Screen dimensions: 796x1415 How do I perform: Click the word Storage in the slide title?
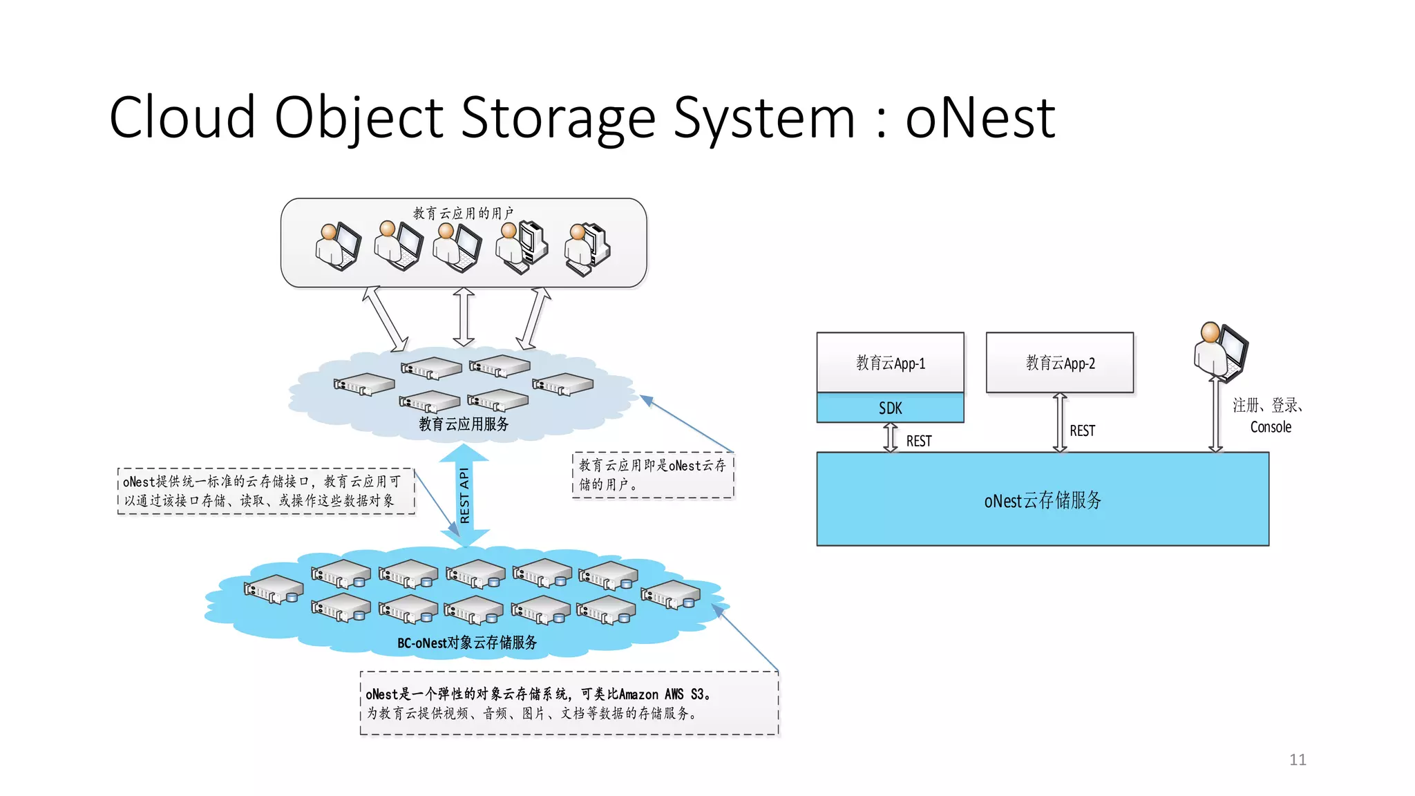point(558,118)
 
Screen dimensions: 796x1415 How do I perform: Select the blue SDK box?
point(890,408)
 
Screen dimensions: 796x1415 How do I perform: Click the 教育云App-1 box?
point(890,363)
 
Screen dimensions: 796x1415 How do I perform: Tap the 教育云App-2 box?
point(1060,363)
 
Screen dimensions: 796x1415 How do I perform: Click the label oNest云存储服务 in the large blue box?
point(1043,500)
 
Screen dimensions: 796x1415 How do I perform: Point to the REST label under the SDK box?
point(919,441)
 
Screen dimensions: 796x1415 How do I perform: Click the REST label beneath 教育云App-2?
point(1082,430)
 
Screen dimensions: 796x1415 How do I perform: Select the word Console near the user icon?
point(1270,427)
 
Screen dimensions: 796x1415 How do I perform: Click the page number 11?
point(1298,759)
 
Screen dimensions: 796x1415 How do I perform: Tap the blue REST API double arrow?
point(464,495)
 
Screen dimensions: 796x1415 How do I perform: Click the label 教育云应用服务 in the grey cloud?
point(464,424)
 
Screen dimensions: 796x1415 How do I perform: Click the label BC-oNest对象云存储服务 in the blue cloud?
point(467,643)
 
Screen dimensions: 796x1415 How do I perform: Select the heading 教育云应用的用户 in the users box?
point(464,213)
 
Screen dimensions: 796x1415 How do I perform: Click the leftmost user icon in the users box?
point(337,247)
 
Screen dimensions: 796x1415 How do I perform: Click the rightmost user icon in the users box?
point(587,249)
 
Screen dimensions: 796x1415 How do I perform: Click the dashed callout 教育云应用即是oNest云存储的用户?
point(653,475)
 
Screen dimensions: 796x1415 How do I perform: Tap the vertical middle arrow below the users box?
point(464,316)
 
